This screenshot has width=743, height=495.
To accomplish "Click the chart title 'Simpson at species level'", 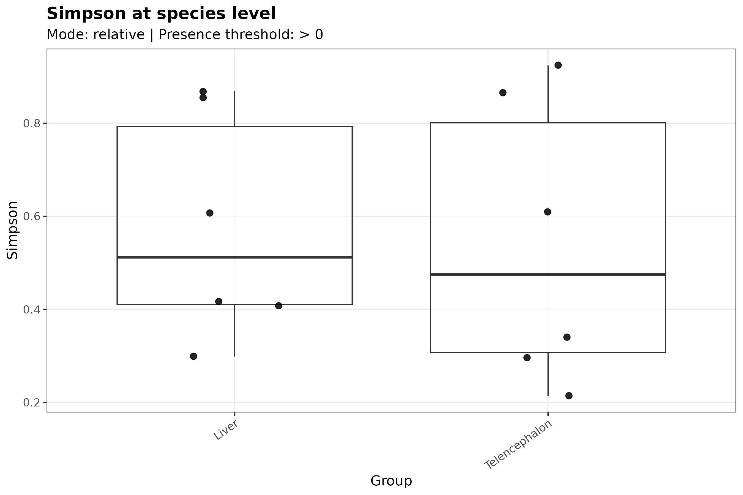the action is point(161,14).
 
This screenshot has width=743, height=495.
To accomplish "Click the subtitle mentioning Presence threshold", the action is point(185,34).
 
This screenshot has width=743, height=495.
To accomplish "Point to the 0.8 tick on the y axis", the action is point(32,123).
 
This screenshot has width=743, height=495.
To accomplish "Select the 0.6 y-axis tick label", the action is point(32,217).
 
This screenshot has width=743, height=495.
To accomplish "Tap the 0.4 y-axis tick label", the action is point(32,310).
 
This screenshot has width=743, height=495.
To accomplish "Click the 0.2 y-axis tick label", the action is point(32,403).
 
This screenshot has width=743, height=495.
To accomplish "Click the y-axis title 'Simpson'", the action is point(12,230).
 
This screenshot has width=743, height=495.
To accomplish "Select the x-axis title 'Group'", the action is point(391,481).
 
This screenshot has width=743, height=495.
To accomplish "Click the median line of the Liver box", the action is point(234,258).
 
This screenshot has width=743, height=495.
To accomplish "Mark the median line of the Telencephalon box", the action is point(548,275).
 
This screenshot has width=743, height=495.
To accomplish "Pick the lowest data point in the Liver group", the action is point(194,356).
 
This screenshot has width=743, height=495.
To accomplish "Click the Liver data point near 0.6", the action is point(210,213).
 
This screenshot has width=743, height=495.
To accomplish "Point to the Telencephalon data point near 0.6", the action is point(547,212).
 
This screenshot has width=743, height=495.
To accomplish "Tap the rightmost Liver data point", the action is point(278,306).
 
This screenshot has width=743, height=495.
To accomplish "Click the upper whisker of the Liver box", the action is point(234,109).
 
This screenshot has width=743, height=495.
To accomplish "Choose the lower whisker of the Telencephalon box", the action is point(548,374).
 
